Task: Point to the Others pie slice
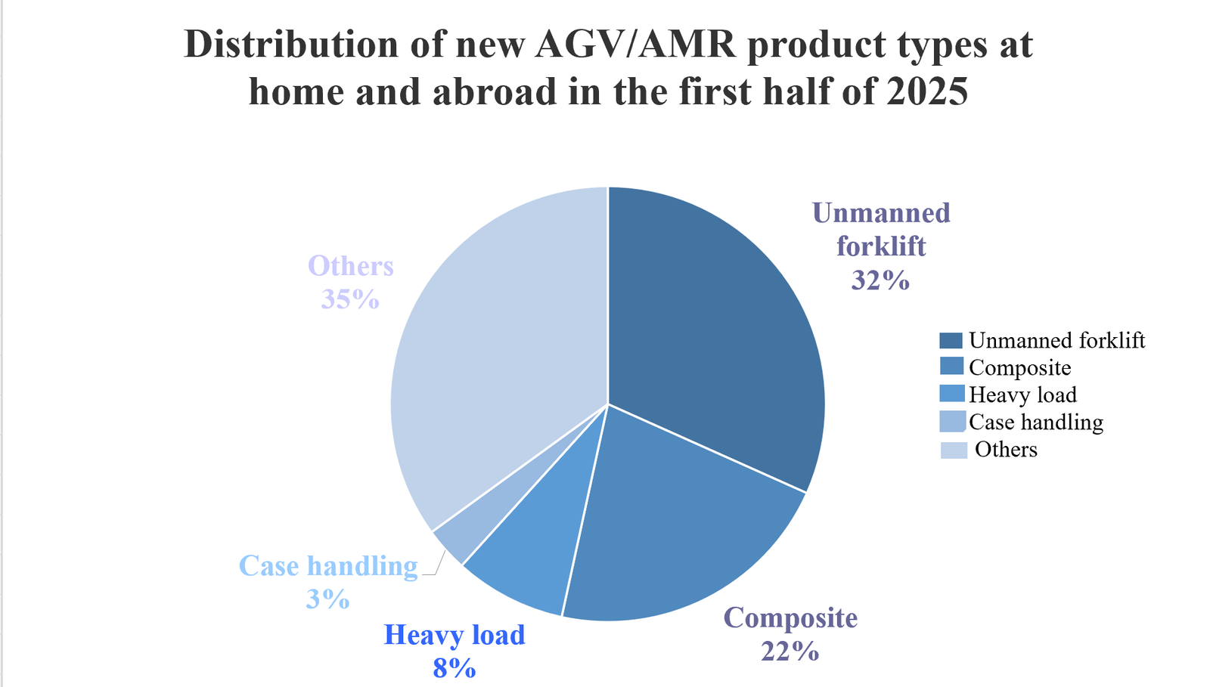[492, 340]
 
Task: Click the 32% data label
[880, 280]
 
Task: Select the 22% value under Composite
[790, 651]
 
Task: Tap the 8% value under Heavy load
[455, 668]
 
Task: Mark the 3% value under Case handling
[327, 599]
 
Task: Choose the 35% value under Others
[350, 299]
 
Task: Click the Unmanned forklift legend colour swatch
[951, 341]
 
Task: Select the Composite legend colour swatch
[951, 367]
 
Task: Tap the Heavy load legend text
[1022, 395]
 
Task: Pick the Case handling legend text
[1035, 422]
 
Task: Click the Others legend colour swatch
[954, 450]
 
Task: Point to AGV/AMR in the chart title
[635, 45]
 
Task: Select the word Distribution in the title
[292, 45]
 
